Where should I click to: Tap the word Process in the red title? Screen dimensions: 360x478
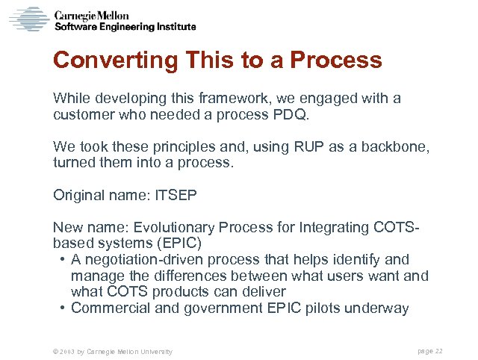[335, 60]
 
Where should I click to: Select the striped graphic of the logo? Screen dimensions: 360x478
[29, 18]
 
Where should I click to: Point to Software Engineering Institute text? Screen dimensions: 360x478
[125, 26]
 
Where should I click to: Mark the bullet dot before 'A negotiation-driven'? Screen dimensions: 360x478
[60, 260]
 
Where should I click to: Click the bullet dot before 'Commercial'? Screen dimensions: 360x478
[60, 308]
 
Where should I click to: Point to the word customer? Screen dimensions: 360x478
[81, 115]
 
